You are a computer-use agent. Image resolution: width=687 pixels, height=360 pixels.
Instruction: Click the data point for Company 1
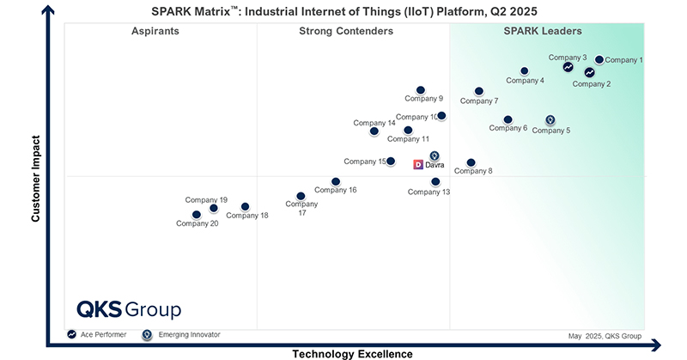tap(599, 60)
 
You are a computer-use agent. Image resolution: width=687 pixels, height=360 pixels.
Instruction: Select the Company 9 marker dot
tap(421, 90)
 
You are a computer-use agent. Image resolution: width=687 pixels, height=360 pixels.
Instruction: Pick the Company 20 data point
tap(197, 215)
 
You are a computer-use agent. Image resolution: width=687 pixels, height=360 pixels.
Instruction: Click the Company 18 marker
tap(245, 207)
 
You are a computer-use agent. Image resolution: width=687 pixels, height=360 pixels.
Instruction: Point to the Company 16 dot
tap(336, 182)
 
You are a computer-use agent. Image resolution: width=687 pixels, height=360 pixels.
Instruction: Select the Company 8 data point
tap(471, 162)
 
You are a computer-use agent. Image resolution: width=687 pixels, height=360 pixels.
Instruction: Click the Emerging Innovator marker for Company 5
tap(550, 120)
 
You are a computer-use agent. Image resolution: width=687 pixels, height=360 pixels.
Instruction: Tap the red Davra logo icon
tap(418, 164)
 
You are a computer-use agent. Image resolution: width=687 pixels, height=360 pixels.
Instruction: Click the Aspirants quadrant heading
tap(155, 32)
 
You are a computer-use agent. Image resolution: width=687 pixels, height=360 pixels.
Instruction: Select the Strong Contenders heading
tap(346, 32)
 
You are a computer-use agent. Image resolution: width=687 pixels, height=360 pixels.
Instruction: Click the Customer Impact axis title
tap(36, 178)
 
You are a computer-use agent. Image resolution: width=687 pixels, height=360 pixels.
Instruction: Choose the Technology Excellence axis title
tap(352, 353)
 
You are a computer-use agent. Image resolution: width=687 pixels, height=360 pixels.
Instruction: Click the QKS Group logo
tap(129, 309)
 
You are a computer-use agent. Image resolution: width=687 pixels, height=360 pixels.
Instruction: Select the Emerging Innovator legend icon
tap(147, 334)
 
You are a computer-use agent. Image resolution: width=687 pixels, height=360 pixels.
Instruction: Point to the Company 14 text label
tap(374, 123)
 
